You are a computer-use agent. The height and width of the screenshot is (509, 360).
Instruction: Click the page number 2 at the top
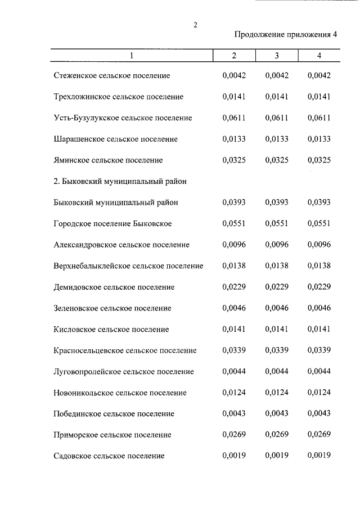[195, 25]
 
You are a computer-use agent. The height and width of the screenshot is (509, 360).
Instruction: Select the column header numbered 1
[132, 56]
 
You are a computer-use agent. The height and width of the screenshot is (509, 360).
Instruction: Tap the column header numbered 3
[277, 56]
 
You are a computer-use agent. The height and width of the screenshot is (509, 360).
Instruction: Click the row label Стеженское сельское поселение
[112, 75]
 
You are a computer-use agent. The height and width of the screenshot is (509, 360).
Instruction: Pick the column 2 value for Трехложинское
[234, 97]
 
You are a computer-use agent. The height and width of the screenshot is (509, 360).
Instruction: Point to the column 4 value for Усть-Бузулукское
[319, 118]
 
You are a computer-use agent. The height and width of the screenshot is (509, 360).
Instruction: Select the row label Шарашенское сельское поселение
[116, 139]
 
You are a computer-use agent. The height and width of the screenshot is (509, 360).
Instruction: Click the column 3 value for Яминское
[277, 160]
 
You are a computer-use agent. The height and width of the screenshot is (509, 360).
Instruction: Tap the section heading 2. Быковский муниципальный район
[120, 182]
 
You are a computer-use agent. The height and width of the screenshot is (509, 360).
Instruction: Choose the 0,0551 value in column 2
[234, 224]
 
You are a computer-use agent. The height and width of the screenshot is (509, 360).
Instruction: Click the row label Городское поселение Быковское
[113, 224]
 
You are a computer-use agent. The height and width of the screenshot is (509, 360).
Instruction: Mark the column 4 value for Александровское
[319, 245]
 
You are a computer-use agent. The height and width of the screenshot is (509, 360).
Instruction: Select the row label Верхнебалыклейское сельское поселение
[129, 266]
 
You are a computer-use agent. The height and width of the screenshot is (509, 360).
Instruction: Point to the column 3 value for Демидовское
[277, 287]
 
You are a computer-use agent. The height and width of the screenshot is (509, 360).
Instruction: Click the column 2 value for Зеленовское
[234, 308]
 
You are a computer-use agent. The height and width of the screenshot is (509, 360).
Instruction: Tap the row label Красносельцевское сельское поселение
[125, 350]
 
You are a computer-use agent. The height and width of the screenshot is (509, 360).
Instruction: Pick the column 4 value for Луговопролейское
[319, 372]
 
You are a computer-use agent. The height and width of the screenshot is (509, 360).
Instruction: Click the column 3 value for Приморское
[277, 435]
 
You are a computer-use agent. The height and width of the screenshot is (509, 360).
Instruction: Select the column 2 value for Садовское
[234, 456]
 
